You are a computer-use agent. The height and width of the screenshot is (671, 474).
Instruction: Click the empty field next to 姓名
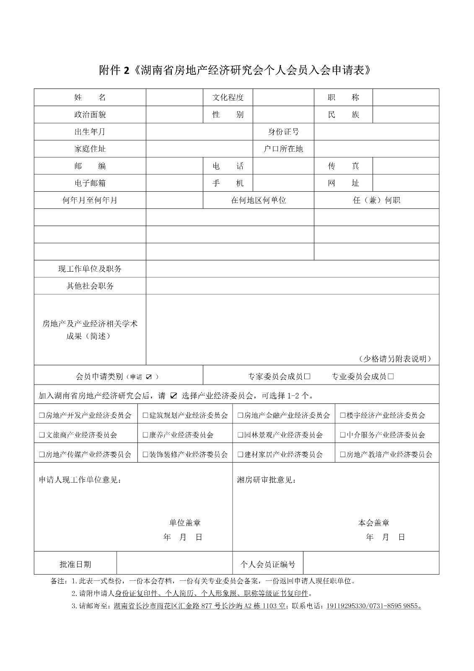click(174, 97)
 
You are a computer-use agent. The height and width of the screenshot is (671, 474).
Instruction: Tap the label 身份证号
click(283, 132)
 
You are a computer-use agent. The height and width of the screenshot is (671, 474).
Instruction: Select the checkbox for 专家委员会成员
click(307, 377)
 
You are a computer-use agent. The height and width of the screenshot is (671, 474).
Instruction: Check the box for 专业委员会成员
click(391, 377)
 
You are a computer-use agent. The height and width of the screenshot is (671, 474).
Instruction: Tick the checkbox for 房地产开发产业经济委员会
click(41, 416)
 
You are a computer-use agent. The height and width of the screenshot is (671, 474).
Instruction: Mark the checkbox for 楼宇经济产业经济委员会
click(343, 416)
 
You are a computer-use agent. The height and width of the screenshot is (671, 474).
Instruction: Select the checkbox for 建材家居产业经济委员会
click(241, 455)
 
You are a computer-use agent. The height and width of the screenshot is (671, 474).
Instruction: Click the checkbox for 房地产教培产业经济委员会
click(343, 455)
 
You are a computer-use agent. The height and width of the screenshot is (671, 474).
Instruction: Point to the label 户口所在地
click(283, 149)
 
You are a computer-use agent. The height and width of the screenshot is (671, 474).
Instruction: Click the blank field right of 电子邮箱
click(174, 183)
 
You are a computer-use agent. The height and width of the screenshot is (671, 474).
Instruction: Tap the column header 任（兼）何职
click(376, 200)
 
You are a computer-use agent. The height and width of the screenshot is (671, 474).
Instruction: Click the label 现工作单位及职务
click(90, 269)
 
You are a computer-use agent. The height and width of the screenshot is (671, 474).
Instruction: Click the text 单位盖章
click(185, 523)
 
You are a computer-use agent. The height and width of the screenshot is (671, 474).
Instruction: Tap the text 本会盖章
click(374, 523)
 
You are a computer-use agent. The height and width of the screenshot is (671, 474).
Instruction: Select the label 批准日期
click(75, 564)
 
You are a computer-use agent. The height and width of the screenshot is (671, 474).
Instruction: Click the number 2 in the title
click(127, 70)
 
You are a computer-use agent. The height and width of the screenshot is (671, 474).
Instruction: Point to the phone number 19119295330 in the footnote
click(347, 606)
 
